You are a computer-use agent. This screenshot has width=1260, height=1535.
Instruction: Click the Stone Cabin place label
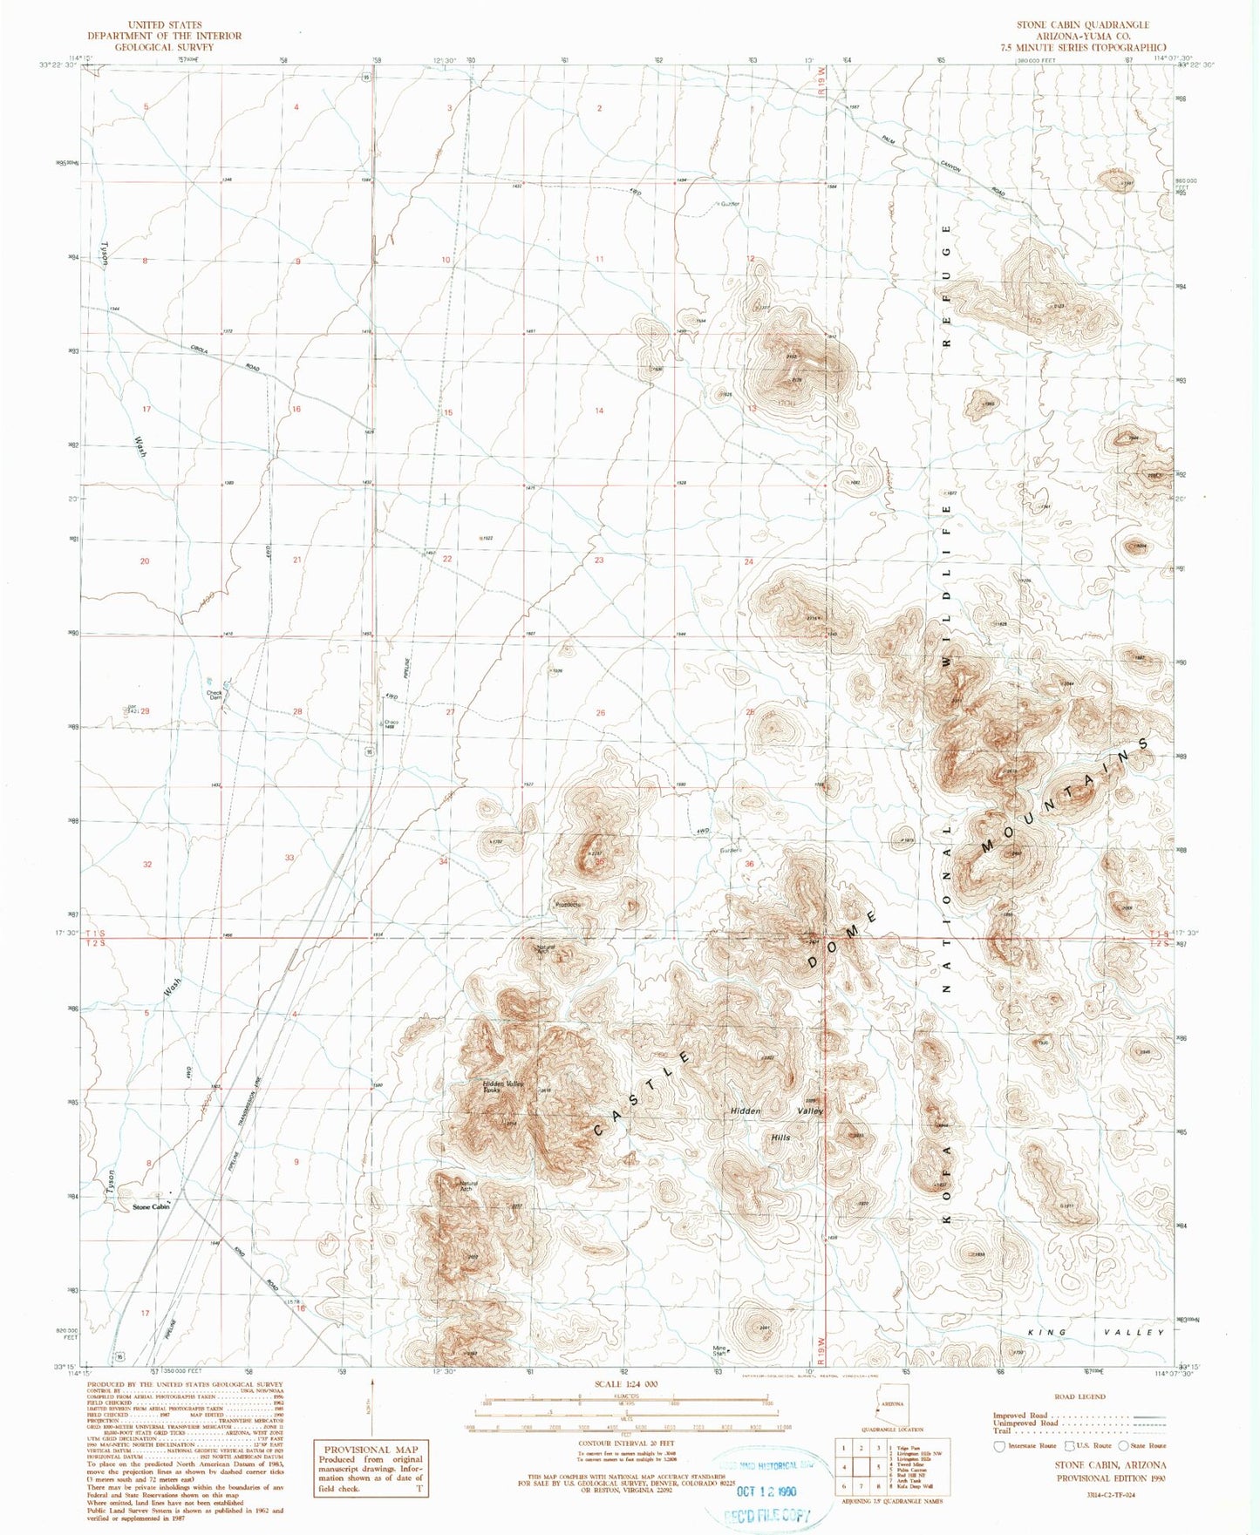tap(150, 1207)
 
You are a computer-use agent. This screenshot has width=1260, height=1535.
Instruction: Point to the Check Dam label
tap(215, 696)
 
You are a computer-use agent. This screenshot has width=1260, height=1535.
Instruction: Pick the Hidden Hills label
tap(780, 1138)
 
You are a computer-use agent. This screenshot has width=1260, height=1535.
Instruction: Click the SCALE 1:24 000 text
tap(625, 1384)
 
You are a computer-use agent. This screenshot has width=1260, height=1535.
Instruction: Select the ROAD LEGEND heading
tap(1080, 1396)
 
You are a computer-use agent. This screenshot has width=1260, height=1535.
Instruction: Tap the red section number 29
tap(146, 712)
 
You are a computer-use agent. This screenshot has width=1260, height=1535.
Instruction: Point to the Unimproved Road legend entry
tap(1025, 1423)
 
